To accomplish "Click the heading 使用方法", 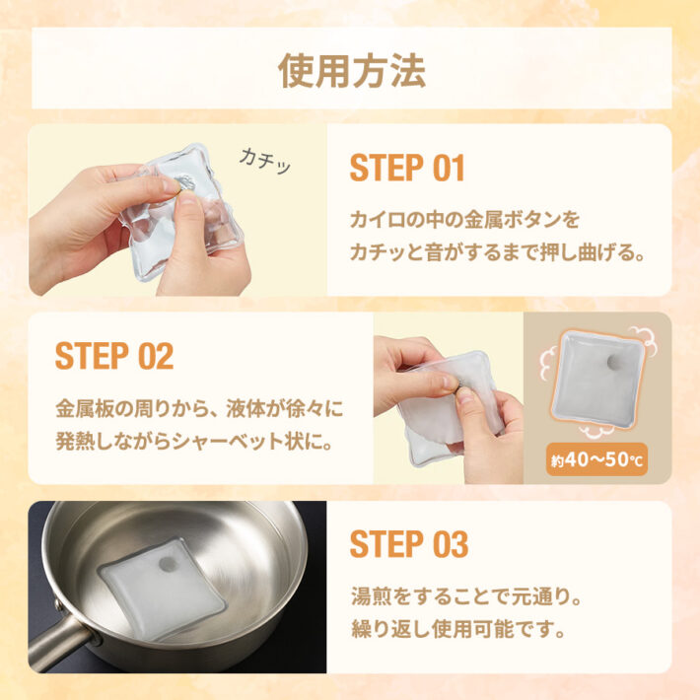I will [x=351, y=69].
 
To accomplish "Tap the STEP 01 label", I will [x=406, y=169].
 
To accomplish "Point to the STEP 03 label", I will [x=408, y=544].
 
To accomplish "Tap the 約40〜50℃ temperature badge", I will [x=596, y=459].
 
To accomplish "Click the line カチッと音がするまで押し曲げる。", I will [x=498, y=252].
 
